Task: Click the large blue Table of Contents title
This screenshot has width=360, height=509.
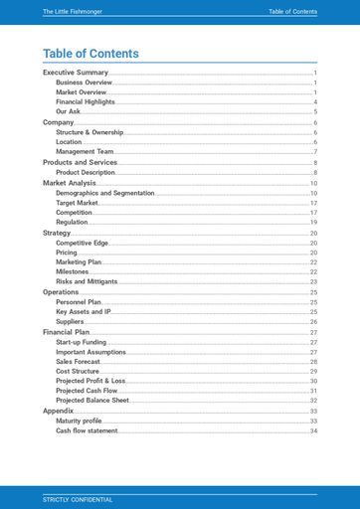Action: pyautogui.click(x=90, y=54)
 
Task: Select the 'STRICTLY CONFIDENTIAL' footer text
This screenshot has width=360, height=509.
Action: pyautogui.click(x=78, y=498)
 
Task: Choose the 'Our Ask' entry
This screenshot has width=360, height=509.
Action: pyautogui.click(x=69, y=112)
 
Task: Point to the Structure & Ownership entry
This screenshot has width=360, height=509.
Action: pyautogui.click(x=96, y=132)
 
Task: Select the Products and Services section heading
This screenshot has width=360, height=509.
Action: pyautogui.click(x=80, y=162)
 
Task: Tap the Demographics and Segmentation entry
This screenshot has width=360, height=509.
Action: pyautogui.click(x=105, y=193)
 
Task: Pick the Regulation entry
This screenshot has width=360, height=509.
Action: pyautogui.click(x=72, y=223)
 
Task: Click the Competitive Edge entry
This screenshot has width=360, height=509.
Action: pyautogui.click(x=82, y=243)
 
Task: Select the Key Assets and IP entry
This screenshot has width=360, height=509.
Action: pyautogui.click(x=84, y=312)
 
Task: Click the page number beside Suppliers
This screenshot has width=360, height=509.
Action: pyautogui.click(x=313, y=322)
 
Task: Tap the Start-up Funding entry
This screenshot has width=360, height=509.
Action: pyautogui.click(x=82, y=342)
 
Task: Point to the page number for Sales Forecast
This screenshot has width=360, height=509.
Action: pyautogui.click(x=313, y=362)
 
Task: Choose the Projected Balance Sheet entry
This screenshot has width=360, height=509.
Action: pyautogui.click(x=92, y=401)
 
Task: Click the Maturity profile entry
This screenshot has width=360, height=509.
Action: pyautogui.click(x=79, y=422)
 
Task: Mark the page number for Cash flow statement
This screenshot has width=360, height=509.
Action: pyautogui.click(x=313, y=431)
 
